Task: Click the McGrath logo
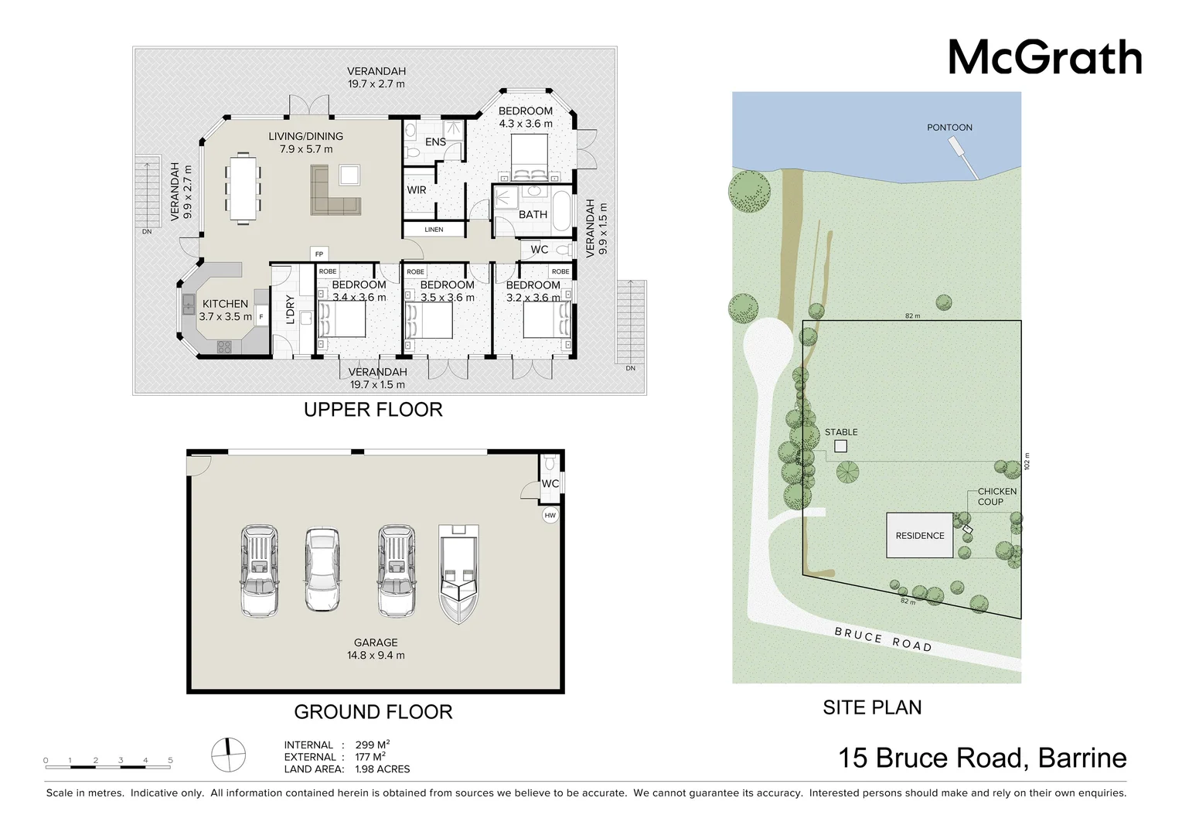click(x=1045, y=57)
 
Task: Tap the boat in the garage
click(x=458, y=574)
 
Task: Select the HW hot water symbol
click(x=550, y=515)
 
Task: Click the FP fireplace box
click(x=318, y=254)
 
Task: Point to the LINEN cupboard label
click(x=434, y=230)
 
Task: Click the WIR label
click(x=417, y=190)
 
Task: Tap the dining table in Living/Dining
click(x=244, y=189)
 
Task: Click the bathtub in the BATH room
click(x=562, y=212)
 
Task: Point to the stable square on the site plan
click(x=840, y=446)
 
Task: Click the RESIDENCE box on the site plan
click(x=920, y=535)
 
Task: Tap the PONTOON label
click(x=949, y=128)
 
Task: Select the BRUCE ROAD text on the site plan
click(x=884, y=639)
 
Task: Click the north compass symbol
click(x=229, y=755)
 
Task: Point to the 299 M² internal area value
click(x=373, y=745)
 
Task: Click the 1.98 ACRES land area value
click(x=383, y=769)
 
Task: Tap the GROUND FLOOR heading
click(x=373, y=712)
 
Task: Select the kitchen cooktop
click(x=224, y=347)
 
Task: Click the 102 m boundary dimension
click(x=1027, y=462)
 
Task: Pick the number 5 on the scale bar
click(x=170, y=760)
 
